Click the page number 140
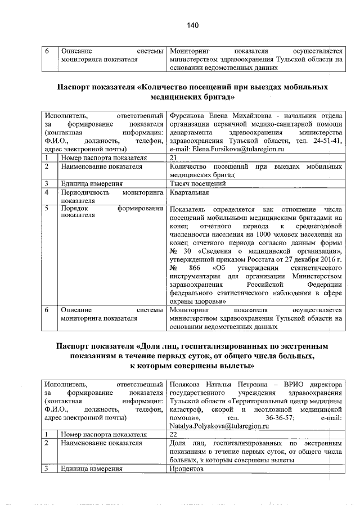tap(193, 25)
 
